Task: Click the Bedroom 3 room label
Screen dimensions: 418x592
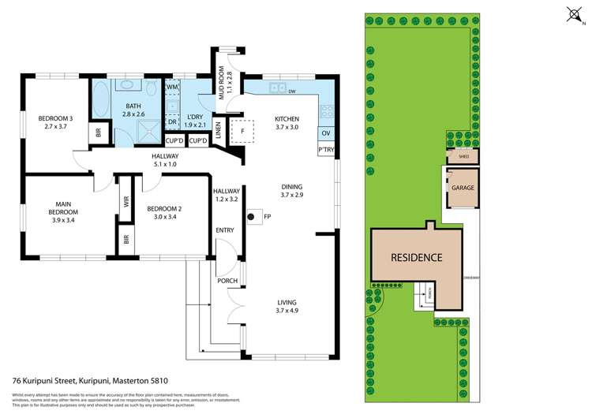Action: [55, 119]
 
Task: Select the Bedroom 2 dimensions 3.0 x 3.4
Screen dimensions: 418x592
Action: [164, 217]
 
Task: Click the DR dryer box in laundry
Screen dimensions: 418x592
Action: [172, 121]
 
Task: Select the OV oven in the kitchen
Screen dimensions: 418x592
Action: [325, 132]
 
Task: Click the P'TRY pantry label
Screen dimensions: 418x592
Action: [325, 149]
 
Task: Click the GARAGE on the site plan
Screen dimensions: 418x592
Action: [463, 188]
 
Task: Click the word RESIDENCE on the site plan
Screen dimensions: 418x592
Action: [416, 258]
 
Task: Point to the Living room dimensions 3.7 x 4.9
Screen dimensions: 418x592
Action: [287, 312]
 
